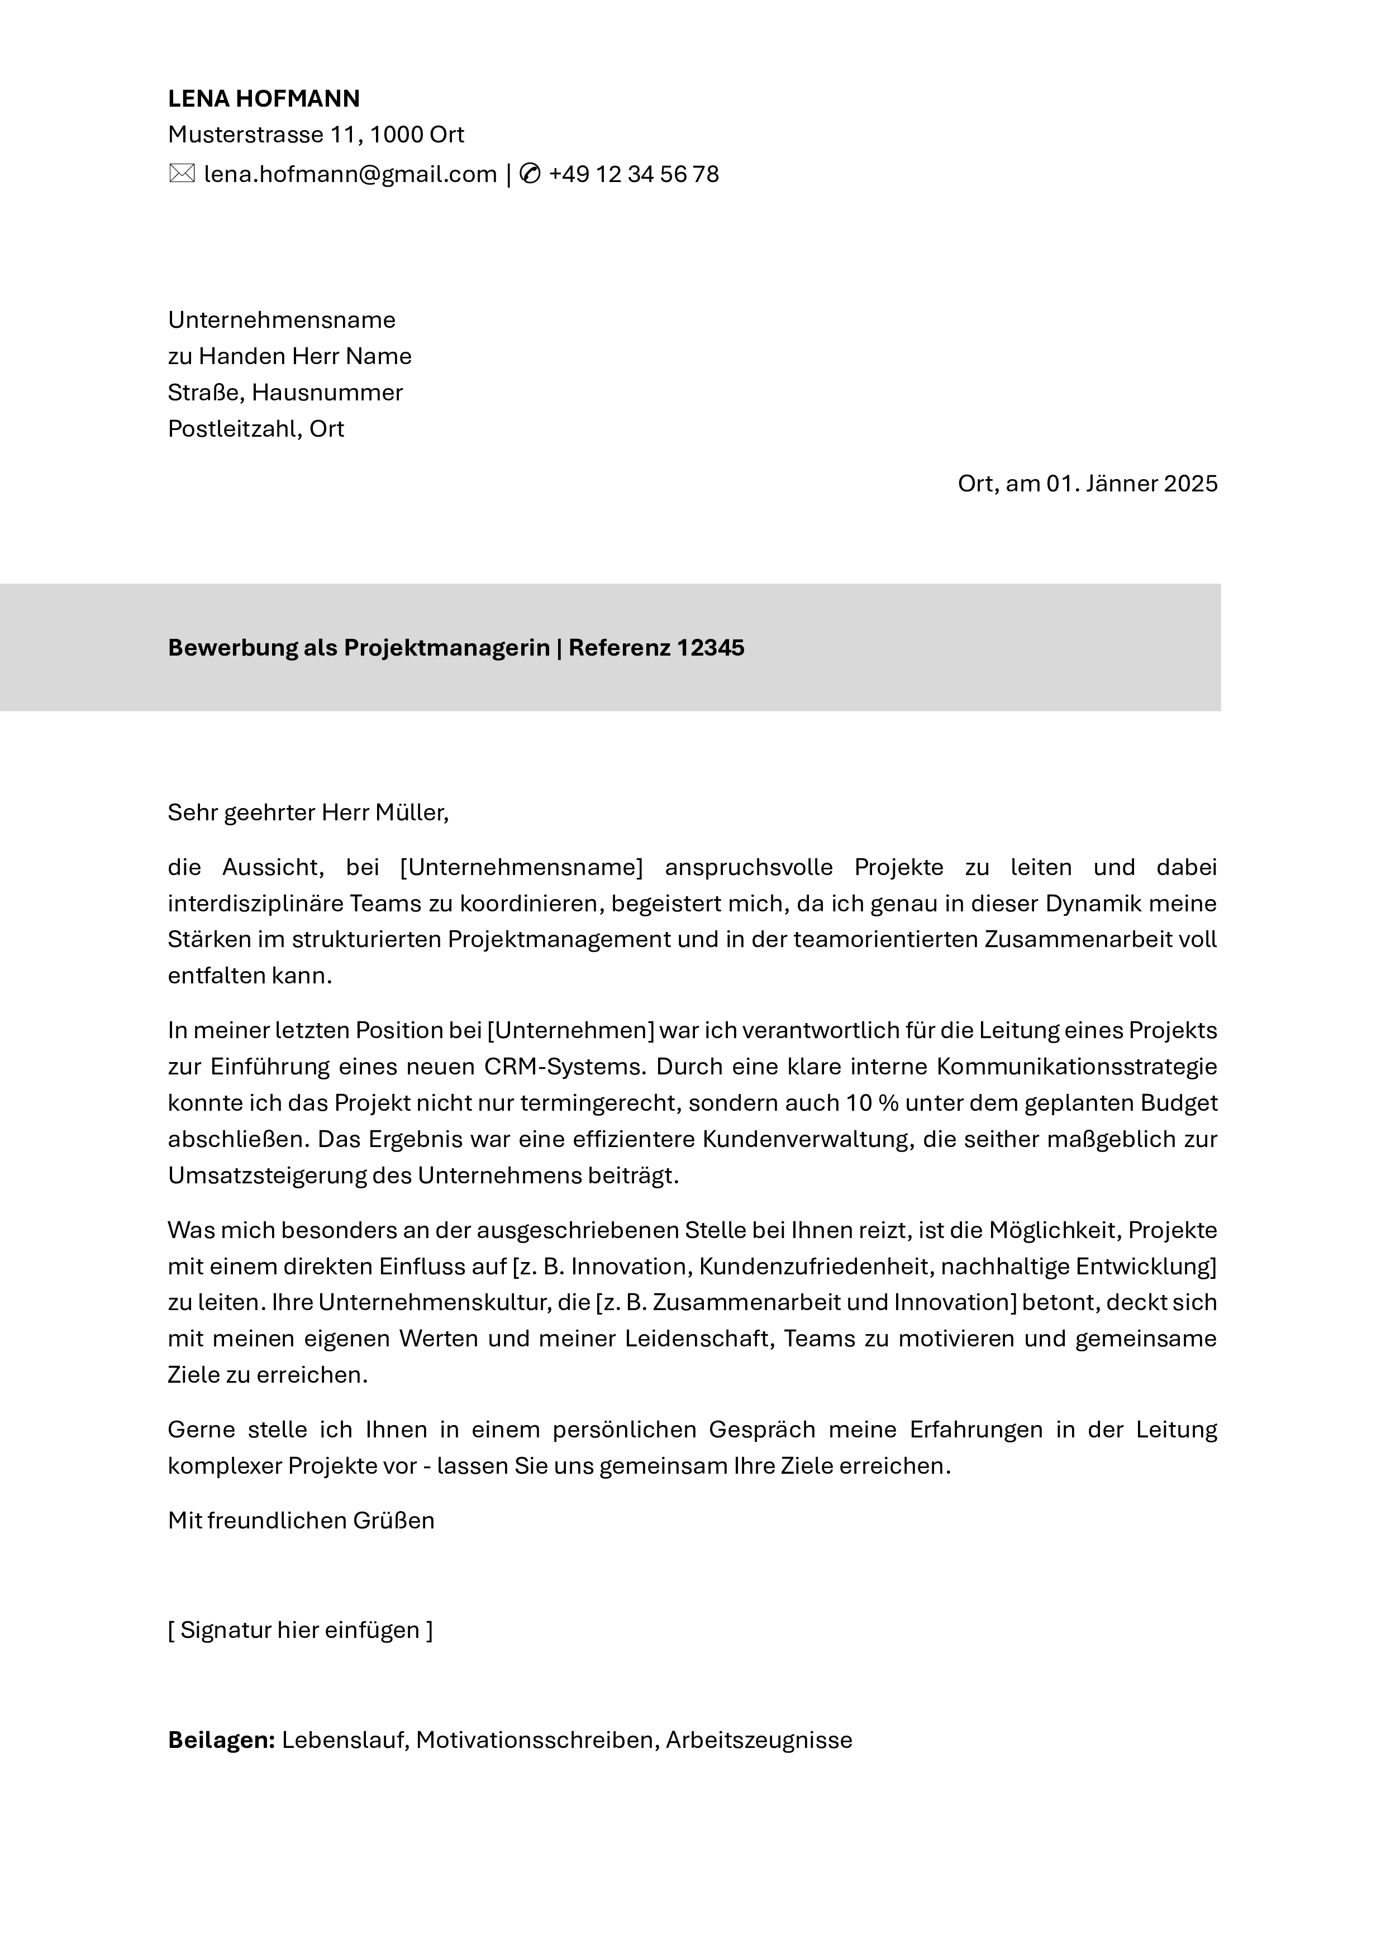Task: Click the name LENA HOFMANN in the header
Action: tap(264, 99)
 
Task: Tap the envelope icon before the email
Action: tap(182, 174)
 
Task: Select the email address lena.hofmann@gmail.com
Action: tap(350, 174)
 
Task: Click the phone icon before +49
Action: tap(530, 174)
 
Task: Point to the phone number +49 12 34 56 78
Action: tap(634, 174)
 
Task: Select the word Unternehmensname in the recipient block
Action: tap(282, 320)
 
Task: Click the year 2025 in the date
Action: tap(1190, 484)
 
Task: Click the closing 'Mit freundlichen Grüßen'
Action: tap(301, 1521)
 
